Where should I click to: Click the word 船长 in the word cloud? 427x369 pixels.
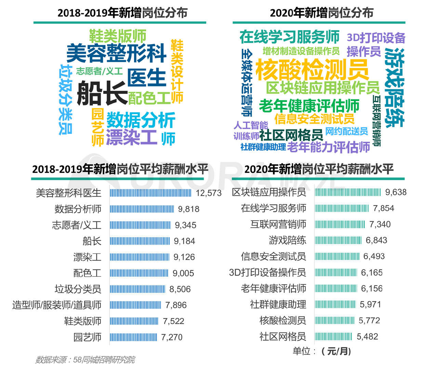(x=102, y=93)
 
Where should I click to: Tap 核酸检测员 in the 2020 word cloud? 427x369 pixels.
(x=311, y=69)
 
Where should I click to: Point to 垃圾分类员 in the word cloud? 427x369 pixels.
(x=66, y=99)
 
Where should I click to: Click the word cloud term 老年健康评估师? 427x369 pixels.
(x=309, y=106)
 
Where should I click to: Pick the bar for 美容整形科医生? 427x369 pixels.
(x=150, y=193)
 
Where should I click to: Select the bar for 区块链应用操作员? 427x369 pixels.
(x=347, y=192)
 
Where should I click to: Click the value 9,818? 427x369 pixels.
(x=188, y=209)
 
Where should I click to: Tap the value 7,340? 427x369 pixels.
(x=380, y=224)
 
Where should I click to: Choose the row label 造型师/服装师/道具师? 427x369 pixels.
(x=57, y=305)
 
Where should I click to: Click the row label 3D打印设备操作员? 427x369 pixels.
(x=267, y=273)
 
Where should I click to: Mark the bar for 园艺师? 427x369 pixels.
(x=133, y=337)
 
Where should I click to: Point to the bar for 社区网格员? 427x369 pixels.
(x=333, y=337)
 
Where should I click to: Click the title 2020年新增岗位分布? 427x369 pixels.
(x=321, y=13)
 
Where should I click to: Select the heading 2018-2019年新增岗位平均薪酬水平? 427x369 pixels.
(x=120, y=169)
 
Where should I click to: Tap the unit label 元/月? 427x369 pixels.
(x=336, y=351)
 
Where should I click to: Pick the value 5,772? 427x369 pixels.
(x=369, y=320)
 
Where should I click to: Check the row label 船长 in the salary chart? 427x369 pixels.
(x=92, y=241)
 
